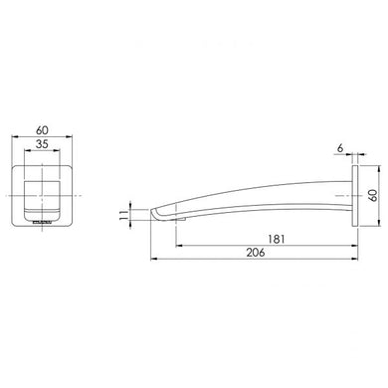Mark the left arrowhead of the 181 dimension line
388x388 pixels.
coord(179,245)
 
